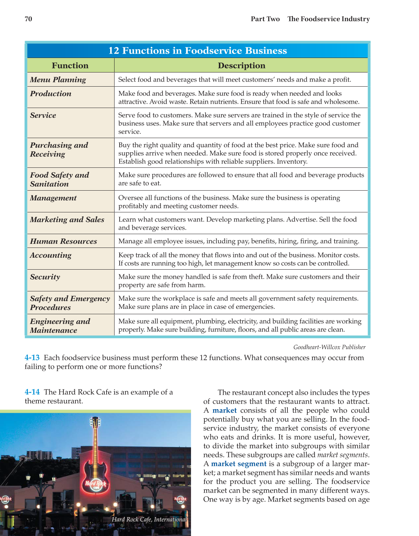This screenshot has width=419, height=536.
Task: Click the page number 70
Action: coord(28,19)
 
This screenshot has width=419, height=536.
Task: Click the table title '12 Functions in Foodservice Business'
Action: coord(198,51)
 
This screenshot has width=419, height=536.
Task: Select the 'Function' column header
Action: coord(70,66)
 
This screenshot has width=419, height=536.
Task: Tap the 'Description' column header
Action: coord(241,66)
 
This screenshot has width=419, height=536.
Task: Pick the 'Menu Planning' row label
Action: coord(58,80)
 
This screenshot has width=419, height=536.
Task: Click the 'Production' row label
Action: coord(51,94)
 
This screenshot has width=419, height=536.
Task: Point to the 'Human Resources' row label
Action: coord(63,241)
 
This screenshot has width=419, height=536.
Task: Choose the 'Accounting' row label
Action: coord(51,255)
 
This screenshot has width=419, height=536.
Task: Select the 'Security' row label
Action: coord(45,277)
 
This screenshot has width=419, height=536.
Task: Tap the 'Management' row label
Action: coord(53,198)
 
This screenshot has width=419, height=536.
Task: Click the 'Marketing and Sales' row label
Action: coord(67,220)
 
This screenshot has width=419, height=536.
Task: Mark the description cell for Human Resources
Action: coord(238,241)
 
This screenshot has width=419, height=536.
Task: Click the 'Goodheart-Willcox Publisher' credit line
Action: coord(329,347)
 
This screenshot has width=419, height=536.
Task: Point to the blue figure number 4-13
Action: coord(32,358)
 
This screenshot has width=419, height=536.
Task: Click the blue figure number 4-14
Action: coord(32,392)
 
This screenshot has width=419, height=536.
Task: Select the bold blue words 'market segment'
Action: coord(238,464)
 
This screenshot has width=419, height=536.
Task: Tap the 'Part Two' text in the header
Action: coord(265,19)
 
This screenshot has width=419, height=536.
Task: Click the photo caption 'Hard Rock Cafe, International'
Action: coord(149,519)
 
